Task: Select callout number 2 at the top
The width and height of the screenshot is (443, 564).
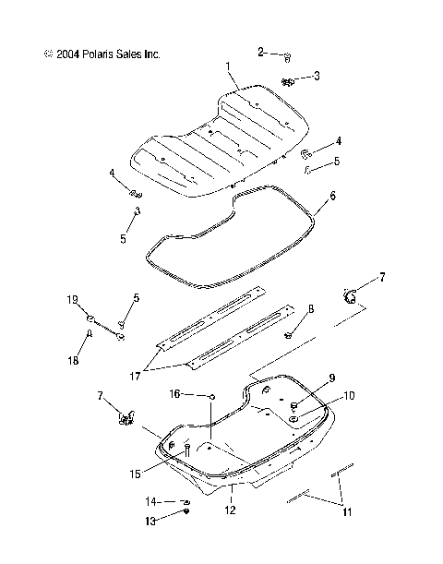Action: [261, 52]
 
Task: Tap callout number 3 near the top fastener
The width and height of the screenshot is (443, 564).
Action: [317, 76]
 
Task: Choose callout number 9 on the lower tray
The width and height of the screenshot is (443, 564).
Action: [305, 378]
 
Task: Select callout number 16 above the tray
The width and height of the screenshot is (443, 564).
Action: [174, 393]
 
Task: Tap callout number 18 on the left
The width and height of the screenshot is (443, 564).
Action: [90, 337]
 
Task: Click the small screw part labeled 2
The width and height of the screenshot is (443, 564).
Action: [287, 56]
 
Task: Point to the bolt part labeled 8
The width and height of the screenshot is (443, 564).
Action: [288, 333]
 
